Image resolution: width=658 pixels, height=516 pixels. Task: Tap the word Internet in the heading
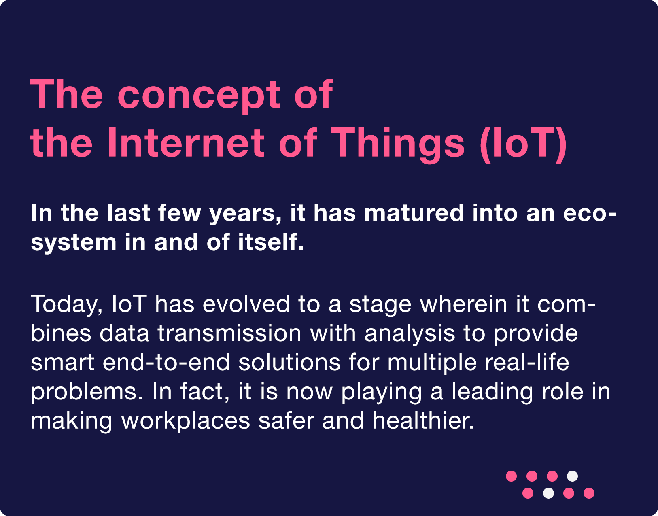tap(186, 142)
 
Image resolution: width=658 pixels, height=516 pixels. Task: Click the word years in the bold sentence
tap(245, 215)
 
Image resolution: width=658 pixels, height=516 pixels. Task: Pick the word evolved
tap(246, 304)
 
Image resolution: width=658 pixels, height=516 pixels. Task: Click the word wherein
tap(463, 304)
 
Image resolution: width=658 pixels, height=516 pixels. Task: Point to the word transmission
tap(229, 333)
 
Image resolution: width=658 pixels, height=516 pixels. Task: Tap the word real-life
tap(527, 362)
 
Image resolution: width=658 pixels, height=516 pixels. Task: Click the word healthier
tap(423, 420)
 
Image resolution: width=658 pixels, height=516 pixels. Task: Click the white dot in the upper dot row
tap(572, 476)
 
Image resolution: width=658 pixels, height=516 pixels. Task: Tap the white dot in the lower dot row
tap(548, 493)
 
